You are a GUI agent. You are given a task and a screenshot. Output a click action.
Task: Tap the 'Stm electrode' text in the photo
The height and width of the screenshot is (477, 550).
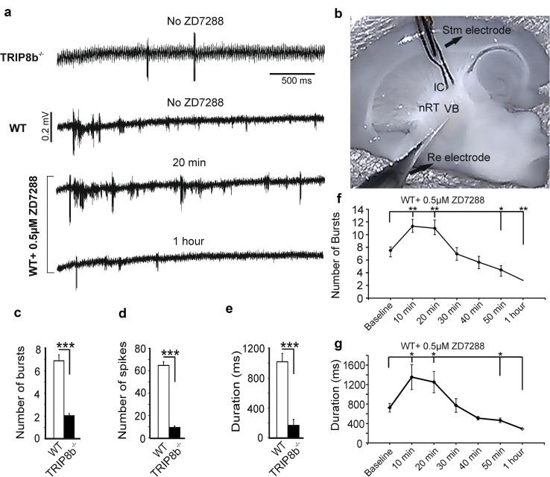[477, 31]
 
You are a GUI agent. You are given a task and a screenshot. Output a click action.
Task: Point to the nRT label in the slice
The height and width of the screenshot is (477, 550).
[428, 109]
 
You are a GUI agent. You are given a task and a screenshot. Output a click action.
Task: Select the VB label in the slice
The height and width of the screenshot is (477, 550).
[452, 109]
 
